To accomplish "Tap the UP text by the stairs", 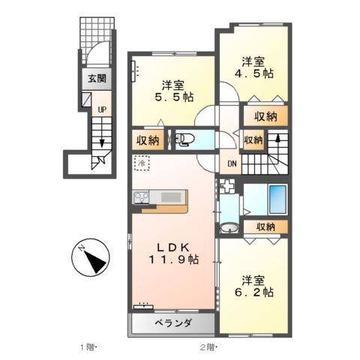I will point(98,109).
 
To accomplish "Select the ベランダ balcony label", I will point(174,323).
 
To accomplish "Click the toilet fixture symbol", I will point(184,139).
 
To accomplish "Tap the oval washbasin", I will point(229,228).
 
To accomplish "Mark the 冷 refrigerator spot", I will point(141,161).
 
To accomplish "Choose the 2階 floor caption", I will point(208,347).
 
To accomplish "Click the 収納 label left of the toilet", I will point(148,139).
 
